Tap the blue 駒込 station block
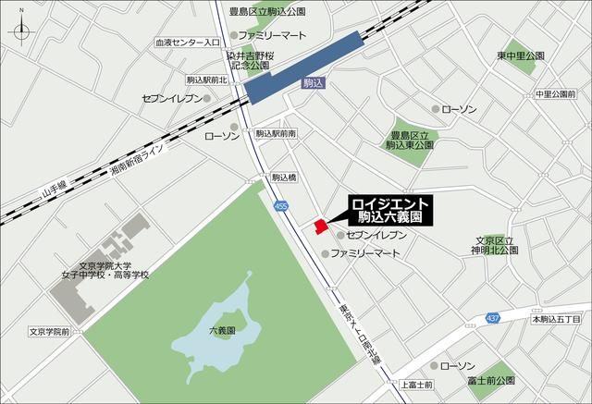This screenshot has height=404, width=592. (x=304, y=64)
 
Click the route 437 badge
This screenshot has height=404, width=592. (x=493, y=318)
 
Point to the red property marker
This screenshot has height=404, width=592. (x=319, y=226)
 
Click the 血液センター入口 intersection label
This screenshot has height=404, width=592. (x=187, y=43)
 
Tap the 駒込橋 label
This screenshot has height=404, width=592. (x=284, y=177)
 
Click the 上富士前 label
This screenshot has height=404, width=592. (x=418, y=384)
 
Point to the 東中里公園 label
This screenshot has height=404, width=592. (x=519, y=55)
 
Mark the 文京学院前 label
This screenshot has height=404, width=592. (x=49, y=330)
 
